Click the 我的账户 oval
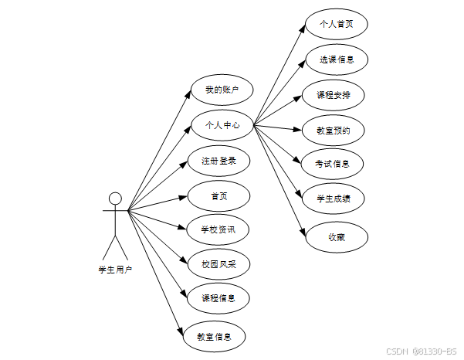222,90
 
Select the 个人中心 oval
222,124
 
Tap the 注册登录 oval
218,161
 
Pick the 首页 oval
219,195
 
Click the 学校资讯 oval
218,229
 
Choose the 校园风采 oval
218,263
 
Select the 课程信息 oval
218,297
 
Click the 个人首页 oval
336,24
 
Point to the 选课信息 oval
336,59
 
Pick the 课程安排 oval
334,94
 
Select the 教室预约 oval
334,130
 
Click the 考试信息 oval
333,165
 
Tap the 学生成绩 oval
333,199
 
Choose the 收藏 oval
336,236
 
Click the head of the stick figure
115,197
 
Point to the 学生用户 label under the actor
115,270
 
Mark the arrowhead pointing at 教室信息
181,330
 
